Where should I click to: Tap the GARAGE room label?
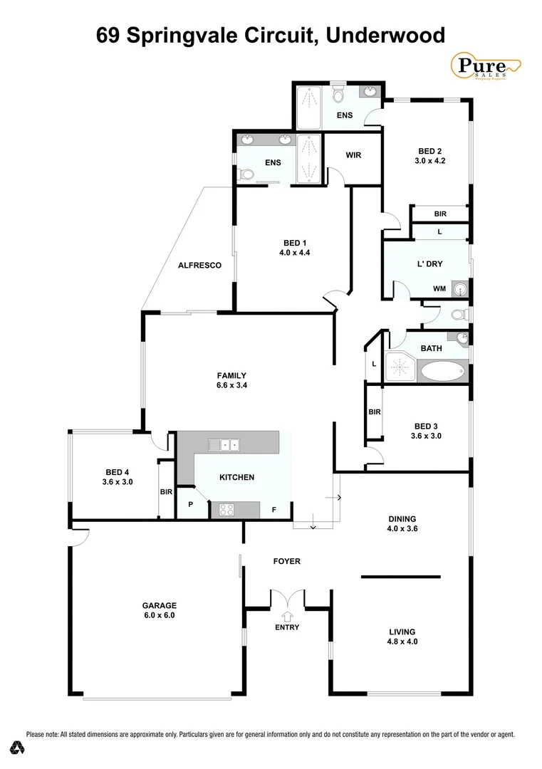click(159, 605)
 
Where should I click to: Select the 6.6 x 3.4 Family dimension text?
click(232, 385)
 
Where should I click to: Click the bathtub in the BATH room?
click(443, 371)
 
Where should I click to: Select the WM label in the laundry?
click(439, 289)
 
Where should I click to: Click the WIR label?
click(354, 155)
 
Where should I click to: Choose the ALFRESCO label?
click(199, 266)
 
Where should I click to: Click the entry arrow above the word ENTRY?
click(288, 616)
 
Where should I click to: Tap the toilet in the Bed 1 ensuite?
click(246, 174)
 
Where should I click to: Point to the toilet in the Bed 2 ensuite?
click(339, 95)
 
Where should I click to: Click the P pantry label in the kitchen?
click(189, 503)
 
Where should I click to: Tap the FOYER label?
click(287, 561)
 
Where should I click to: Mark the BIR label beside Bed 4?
click(166, 491)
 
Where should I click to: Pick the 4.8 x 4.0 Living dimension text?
click(402, 641)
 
